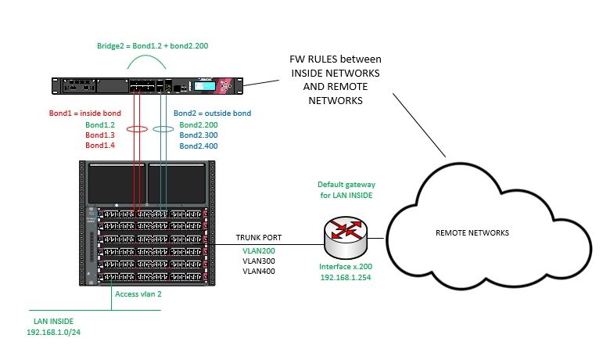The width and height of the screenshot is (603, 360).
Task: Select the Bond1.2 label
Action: pos(99,124)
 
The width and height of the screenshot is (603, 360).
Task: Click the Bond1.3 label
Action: pos(99,135)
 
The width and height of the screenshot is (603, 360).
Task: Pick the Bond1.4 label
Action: pos(99,146)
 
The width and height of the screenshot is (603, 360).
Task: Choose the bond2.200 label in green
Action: pos(199,124)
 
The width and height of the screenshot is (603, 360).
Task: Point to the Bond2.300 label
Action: pos(199,135)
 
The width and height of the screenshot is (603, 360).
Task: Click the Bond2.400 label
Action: pos(199,146)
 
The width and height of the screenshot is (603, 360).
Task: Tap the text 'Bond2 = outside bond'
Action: pos(213,113)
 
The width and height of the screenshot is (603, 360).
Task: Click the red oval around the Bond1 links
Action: pos(138,129)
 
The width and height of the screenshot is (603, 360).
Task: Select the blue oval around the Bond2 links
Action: pos(163,129)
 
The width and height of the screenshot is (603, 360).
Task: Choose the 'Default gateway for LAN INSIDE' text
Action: pos(346,189)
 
